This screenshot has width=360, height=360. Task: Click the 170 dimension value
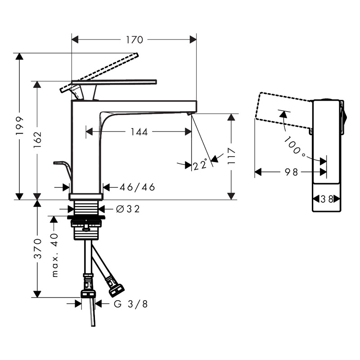134,40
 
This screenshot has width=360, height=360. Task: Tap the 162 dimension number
37,139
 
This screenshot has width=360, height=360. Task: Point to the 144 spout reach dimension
139,132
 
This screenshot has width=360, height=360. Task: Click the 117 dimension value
231,156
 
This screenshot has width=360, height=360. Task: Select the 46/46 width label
137,187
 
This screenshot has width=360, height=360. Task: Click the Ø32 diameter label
128,209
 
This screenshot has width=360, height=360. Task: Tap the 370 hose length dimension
37,249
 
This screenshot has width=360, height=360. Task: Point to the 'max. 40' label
54,255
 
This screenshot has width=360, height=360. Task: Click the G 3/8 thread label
130,304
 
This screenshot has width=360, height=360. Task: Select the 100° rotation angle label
295,146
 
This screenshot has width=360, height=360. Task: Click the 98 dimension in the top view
291,172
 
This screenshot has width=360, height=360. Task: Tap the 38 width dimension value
327,199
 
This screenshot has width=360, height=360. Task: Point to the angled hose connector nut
116,290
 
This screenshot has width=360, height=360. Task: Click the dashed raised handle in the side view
99,73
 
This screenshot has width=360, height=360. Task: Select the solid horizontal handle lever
114,82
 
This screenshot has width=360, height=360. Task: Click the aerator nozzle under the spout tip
189,114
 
